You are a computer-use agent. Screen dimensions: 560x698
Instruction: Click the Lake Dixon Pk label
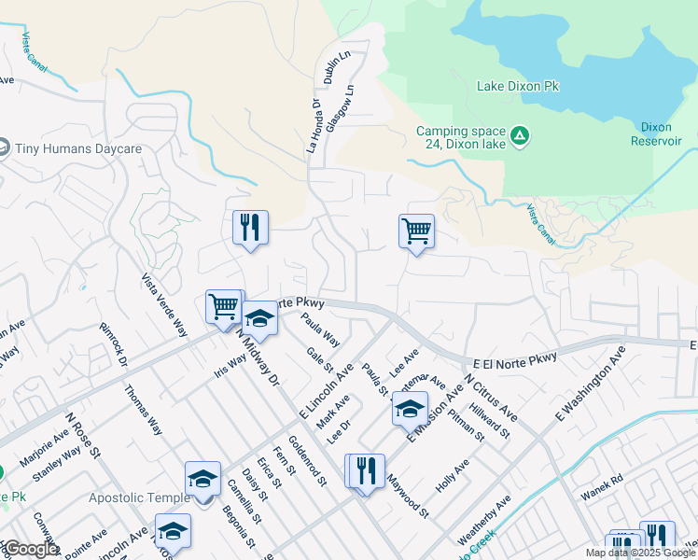pos(517,86)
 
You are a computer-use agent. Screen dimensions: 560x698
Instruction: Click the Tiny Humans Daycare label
pos(78,148)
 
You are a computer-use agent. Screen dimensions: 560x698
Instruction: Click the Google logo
pos(31,550)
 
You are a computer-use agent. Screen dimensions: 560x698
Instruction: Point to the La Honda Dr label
pos(314,127)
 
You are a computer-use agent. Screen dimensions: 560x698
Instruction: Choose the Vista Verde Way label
pos(164,305)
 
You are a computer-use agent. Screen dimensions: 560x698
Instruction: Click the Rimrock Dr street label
pos(115,345)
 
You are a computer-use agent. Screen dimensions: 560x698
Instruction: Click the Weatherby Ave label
pos(484,521)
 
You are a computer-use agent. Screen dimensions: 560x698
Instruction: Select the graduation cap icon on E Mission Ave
pos(410,409)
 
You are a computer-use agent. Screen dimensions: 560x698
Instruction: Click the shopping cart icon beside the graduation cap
pos(224,305)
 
